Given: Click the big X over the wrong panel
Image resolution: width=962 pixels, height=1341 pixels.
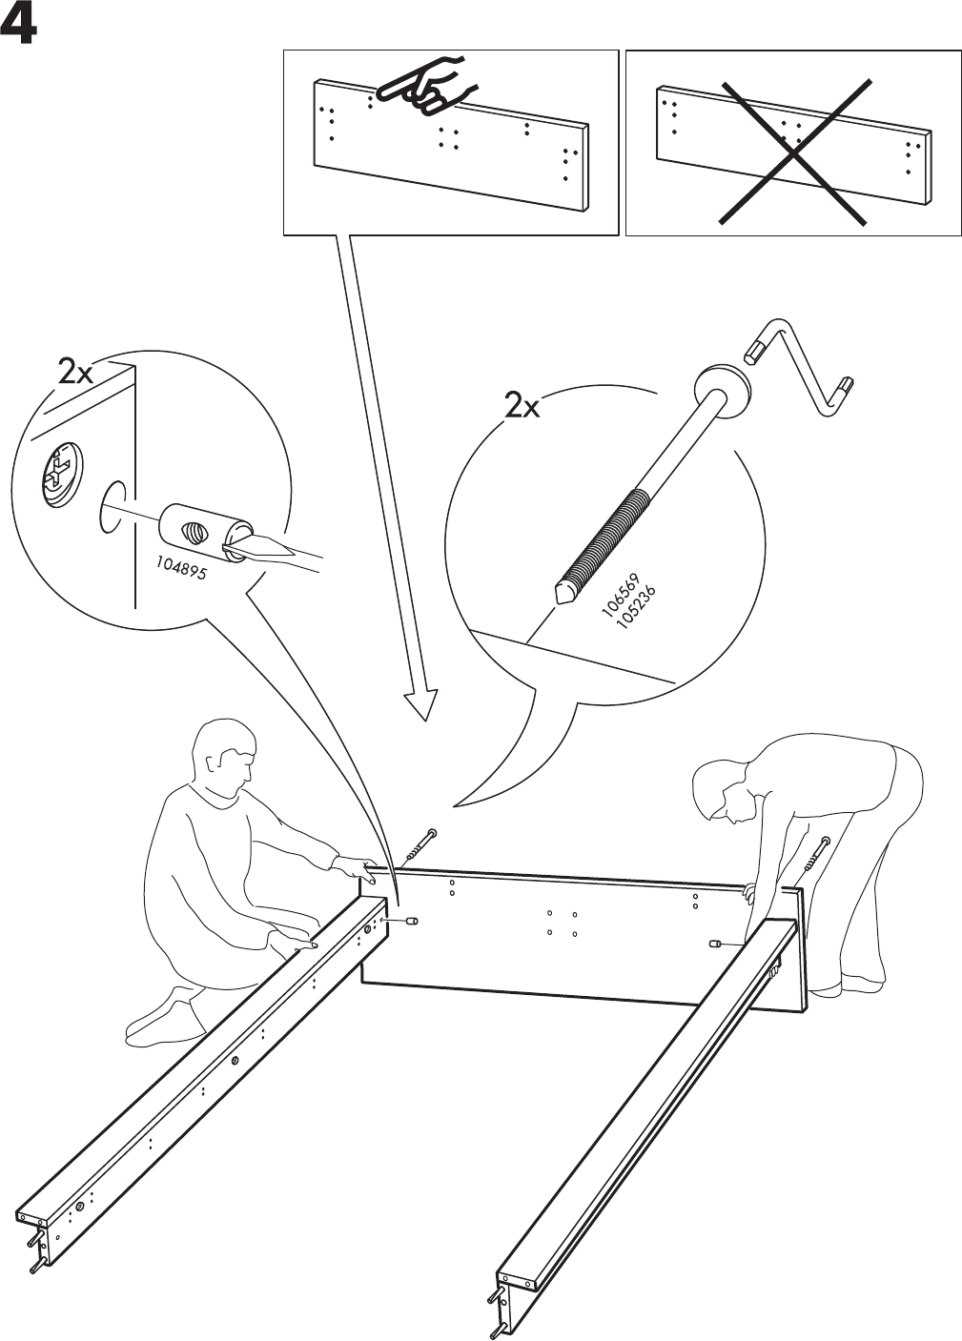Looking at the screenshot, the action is [795, 152].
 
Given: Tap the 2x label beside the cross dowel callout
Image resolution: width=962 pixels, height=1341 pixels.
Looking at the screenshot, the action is [75, 372].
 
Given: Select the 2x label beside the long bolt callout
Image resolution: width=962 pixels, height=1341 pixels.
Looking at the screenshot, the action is [522, 407].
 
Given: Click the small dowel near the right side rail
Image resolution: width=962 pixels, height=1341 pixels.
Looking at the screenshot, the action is [714, 943].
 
